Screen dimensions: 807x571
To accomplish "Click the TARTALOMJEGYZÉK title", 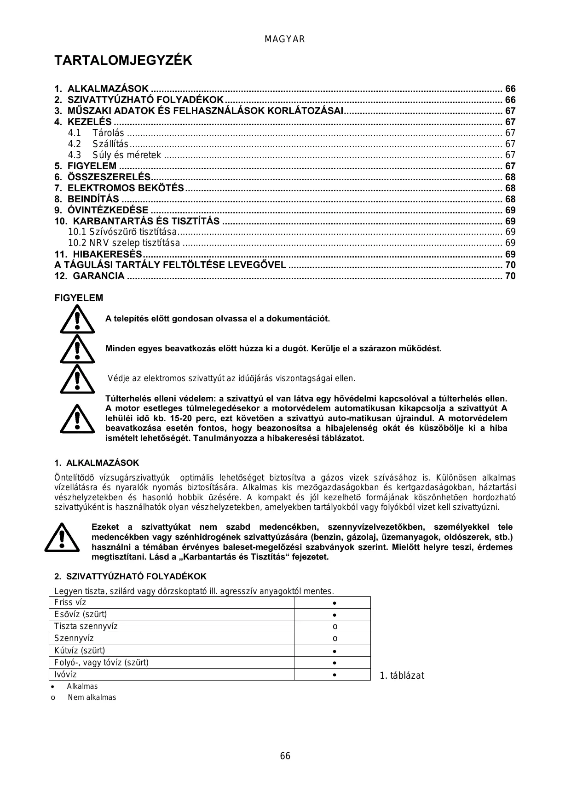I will pyautogui.click(x=123, y=61).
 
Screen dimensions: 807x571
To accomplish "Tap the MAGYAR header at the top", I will pyautogui.click(x=285, y=40).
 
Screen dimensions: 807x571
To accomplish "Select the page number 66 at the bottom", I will pyautogui.click(x=285, y=756).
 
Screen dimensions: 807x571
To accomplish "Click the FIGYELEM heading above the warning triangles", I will pyautogui.click(x=79, y=298).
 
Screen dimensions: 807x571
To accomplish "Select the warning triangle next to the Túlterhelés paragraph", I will pyautogui.click(x=77, y=418).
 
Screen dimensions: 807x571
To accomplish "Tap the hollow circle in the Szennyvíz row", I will pyautogui.click(x=335, y=638).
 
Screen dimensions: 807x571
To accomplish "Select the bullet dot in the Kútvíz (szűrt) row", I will pyautogui.click(x=335, y=651).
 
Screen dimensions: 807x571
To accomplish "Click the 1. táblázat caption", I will pyautogui.click(x=402, y=675).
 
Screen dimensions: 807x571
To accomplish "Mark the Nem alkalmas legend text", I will pyautogui.click(x=92, y=697).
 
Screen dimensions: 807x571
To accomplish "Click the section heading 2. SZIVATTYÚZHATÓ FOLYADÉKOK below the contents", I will pyautogui.click(x=130, y=577).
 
